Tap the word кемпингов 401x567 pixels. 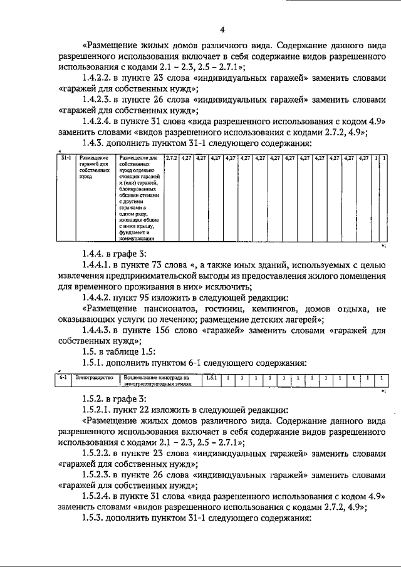269,308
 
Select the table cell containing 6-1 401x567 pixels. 63,378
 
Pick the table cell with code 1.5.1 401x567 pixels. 211,378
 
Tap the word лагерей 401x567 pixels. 303,319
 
